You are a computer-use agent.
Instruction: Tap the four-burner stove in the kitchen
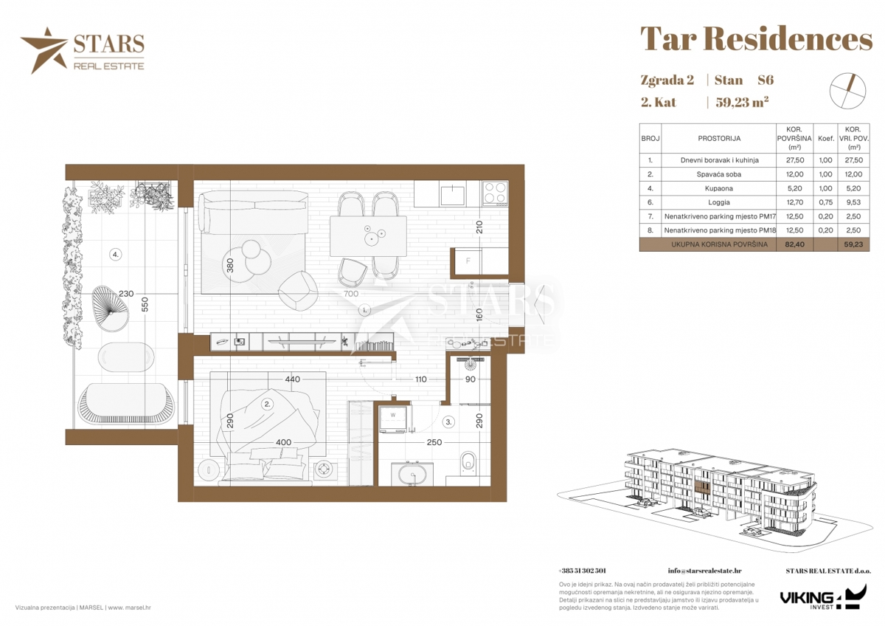click(x=496, y=193)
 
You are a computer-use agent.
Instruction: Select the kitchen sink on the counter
click(x=452, y=195)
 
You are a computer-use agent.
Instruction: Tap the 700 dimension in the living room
click(x=351, y=294)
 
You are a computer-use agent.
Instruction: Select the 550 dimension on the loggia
click(x=145, y=304)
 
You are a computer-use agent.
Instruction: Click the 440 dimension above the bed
click(x=292, y=379)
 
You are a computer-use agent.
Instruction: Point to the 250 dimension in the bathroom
click(x=434, y=442)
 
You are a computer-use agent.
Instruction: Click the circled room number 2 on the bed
click(x=267, y=404)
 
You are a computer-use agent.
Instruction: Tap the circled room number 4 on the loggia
click(x=115, y=255)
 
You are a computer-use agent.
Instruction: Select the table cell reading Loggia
click(x=718, y=202)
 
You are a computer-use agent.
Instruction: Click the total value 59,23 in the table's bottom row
click(x=853, y=244)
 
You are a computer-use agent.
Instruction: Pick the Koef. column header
click(x=826, y=139)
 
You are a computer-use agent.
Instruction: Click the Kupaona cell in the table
click(x=718, y=189)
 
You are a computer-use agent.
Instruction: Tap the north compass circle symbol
click(x=848, y=92)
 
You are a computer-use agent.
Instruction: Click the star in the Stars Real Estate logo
click(x=44, y=50)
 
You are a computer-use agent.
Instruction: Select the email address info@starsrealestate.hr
click(x=704, y=571)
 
